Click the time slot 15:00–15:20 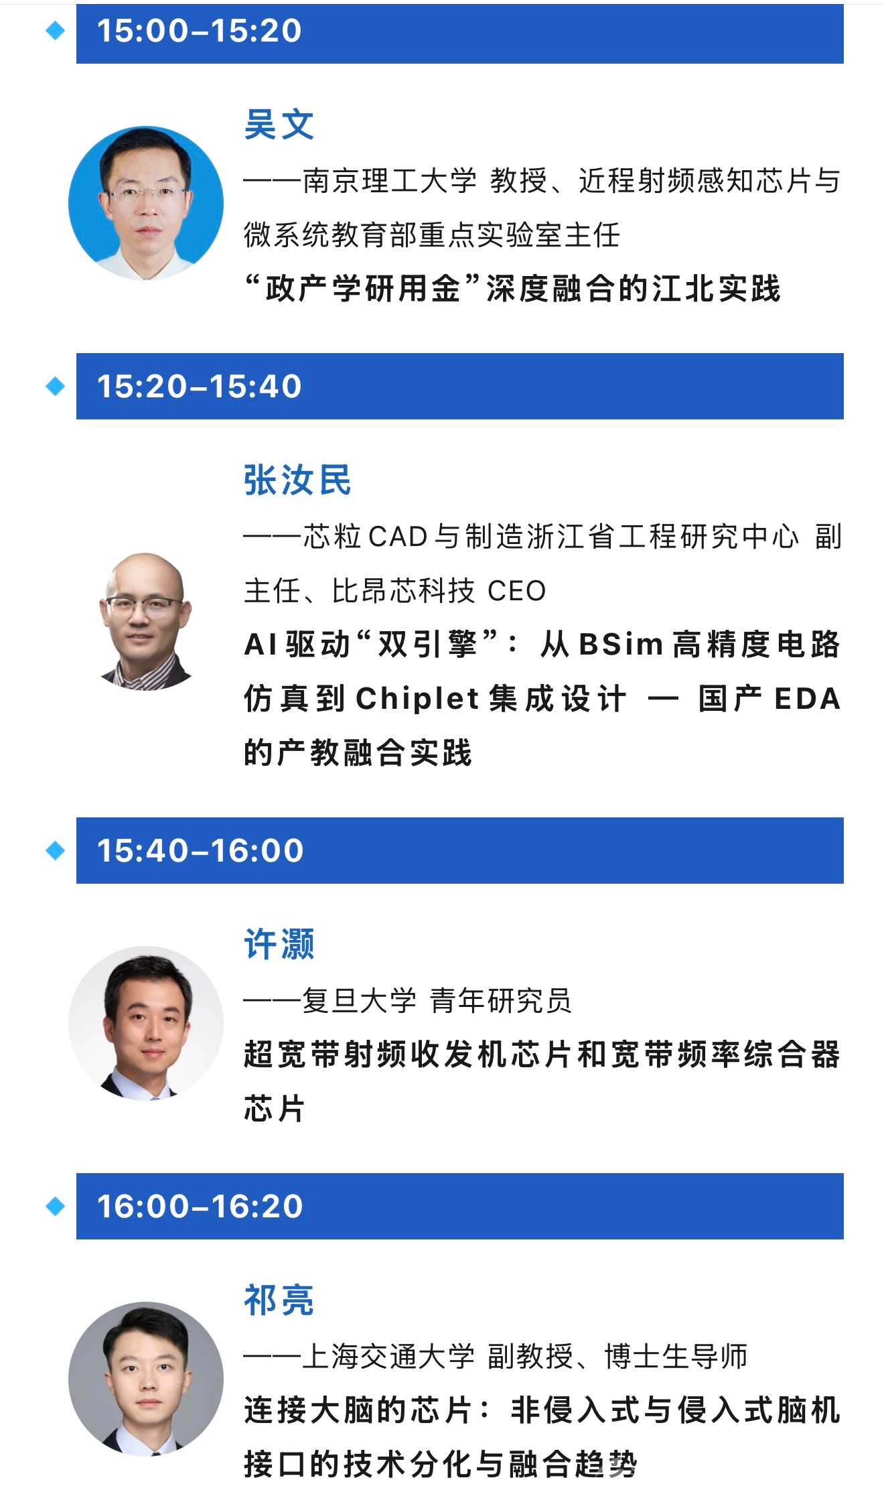point(200,31)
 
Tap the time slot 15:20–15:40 point(200,387)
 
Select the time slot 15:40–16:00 point(200,851)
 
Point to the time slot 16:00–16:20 point(200,1207)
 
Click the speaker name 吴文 point(279,125)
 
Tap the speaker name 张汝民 point(297,480)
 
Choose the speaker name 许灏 point(279,944)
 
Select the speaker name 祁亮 point(279,1300)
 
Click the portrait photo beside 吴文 point(146,204)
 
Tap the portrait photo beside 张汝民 point(146,620)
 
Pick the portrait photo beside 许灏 point(146,1023)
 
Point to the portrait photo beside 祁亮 point(146,1379)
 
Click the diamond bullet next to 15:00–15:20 point(55,30)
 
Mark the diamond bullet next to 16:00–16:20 point(55,1207)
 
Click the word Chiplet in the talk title point(417,699)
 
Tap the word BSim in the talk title point(621,645)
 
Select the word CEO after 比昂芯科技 point(516,591)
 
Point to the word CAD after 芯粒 point(398,537)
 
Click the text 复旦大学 point(359,1000)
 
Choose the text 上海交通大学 point(388,1356)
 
